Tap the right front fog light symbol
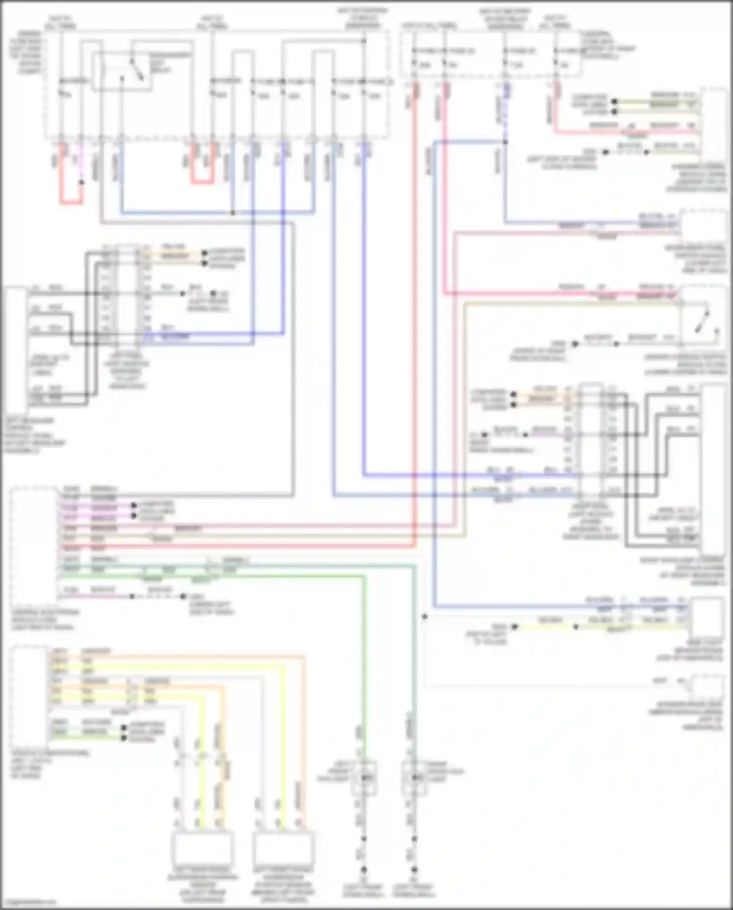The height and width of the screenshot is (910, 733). pyautogui.click(x=413, y=777)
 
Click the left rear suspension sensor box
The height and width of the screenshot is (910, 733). pyautogui.click(x=201, y=848)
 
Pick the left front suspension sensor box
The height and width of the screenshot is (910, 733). pyautogui.click(x=283, y=848)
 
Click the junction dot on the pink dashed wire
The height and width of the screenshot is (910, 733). pyautogui.click(x=81, y=182)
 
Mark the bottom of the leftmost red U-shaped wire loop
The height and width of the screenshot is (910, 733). pyautogui.click(x=71, y=202)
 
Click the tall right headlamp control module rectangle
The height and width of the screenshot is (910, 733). pyautogui.click(x=713, y=469)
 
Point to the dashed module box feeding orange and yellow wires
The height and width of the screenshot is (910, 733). pyautogui.click(x=29, y=694)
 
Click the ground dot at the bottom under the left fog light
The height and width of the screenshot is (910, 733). pyautogui.click(x=364, y=870)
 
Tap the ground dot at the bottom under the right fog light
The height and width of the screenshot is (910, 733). pyautogui.click(x=414, y=870)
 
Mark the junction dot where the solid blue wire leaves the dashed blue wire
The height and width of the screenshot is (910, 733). pyautogui.click(x=505, y=142)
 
